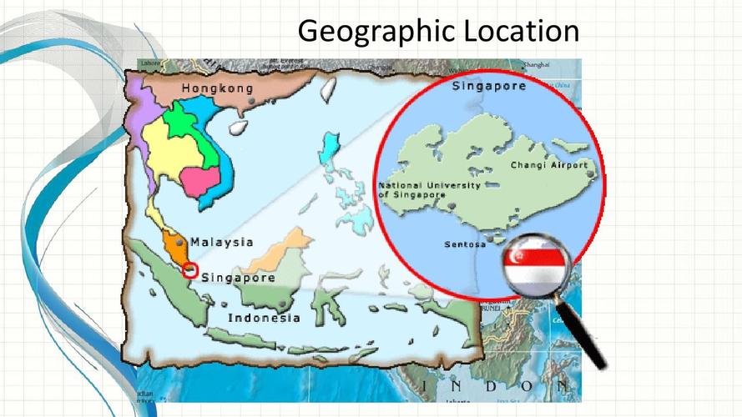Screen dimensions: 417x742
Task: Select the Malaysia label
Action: pos(222,243)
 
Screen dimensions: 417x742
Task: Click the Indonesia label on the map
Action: pos(264,318)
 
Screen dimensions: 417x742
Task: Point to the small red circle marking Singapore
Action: pos(190,270)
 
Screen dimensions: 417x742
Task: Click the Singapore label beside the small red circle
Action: pos(239,278)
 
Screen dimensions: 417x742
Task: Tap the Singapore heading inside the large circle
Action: pos(488,85)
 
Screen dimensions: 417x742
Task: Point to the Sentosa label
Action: pos(465,245)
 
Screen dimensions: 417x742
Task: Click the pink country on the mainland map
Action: pos(201,181)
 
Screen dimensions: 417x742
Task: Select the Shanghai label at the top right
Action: pos(537,64)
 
